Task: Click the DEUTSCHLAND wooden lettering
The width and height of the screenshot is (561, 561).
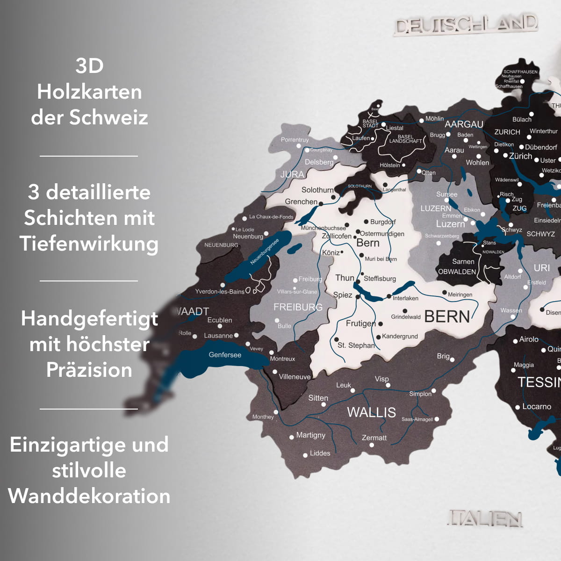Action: [466, 24]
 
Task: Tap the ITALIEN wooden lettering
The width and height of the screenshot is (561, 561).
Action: [485, 518]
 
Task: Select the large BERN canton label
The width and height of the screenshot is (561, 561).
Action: [447, 317]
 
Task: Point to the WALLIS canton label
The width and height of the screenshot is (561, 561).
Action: [371, 412]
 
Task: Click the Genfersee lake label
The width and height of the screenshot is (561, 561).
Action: [225, 355]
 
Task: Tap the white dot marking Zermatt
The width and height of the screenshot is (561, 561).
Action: [372, 445]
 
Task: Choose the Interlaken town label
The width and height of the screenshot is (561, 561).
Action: [405, 298]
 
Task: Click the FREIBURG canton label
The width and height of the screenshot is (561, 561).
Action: [298, 307]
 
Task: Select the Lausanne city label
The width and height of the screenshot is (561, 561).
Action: [218, 336]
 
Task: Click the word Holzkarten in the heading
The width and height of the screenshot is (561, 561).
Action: [89, 92]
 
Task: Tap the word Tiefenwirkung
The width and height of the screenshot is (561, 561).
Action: [89, 244]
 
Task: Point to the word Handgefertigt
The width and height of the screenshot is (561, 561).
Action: [89, 319]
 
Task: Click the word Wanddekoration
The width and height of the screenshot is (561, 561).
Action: [89, 496]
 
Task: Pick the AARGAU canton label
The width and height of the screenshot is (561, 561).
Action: [464, 124]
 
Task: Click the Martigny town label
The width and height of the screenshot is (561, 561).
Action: [310, 435]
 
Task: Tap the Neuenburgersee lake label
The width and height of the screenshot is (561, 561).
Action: [264, 252]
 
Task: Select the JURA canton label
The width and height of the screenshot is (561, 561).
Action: [292, 174]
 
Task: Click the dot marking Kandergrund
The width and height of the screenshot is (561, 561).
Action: [379, 337]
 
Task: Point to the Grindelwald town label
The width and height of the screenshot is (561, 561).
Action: [406, 317]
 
